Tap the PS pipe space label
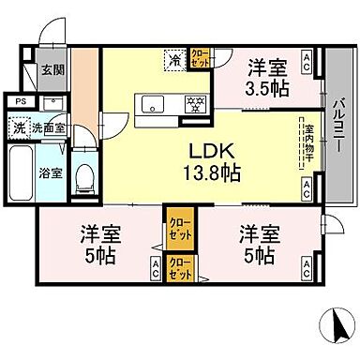point(19,100)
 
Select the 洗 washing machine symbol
point(19,127)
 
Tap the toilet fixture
point(83,174)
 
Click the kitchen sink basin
point(153,104)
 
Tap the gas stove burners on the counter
point(195,103)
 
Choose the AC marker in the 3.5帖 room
point(307,59)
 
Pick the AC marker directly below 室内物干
point(307,187)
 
